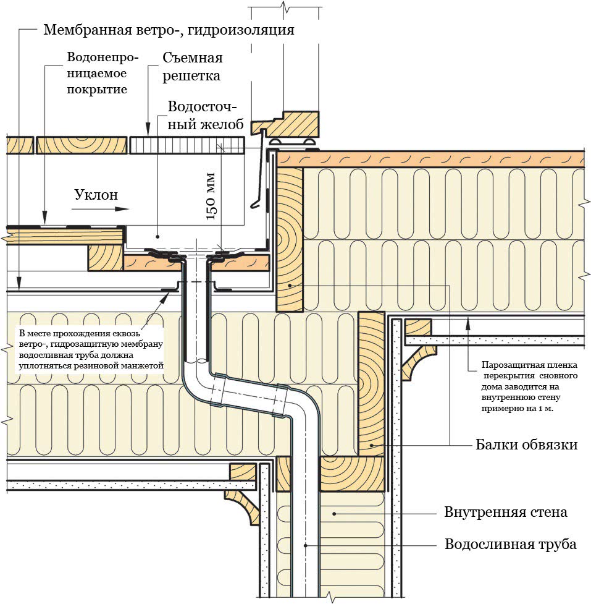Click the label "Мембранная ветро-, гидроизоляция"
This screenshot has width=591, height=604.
click(168, 30)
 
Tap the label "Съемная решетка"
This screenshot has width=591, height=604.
click(192, 67)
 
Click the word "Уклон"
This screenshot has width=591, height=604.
click(96, 195)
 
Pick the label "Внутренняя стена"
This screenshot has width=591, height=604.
click(505, 513)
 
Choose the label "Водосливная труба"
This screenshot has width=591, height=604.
click(510, 545)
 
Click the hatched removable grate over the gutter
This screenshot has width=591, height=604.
click(188, 145)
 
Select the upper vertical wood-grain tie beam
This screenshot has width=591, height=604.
click(289, 241)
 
